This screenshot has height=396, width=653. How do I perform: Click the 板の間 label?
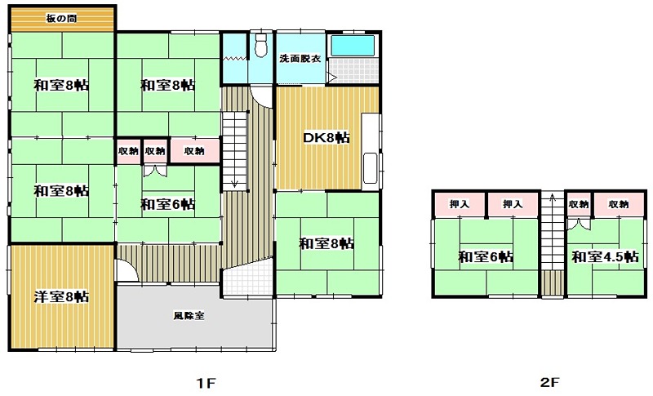pos(62,19)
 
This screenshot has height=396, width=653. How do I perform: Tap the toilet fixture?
pos(261,45)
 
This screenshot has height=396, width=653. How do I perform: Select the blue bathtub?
pos(353,46)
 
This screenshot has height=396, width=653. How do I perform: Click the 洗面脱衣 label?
pos(300,59)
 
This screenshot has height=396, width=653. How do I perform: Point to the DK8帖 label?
pos(326,138)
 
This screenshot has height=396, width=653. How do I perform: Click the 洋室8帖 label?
pos(61,297)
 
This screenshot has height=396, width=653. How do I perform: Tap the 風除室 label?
pos(189,315)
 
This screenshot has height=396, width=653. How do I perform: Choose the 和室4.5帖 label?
pos(605,256)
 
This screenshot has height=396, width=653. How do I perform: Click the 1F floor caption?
pos(207,383)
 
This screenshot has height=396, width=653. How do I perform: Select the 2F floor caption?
pos(550,383)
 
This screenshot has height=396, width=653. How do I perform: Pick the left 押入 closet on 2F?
pos(460,204)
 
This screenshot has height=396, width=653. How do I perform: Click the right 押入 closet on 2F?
pos(513,204)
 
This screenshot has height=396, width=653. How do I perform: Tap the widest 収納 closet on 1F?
pos(194,151)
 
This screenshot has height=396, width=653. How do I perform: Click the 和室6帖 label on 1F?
pos(168,204)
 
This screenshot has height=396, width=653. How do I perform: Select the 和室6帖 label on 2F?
pos(486,256)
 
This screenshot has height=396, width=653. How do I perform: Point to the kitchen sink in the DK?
pos(371,168)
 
